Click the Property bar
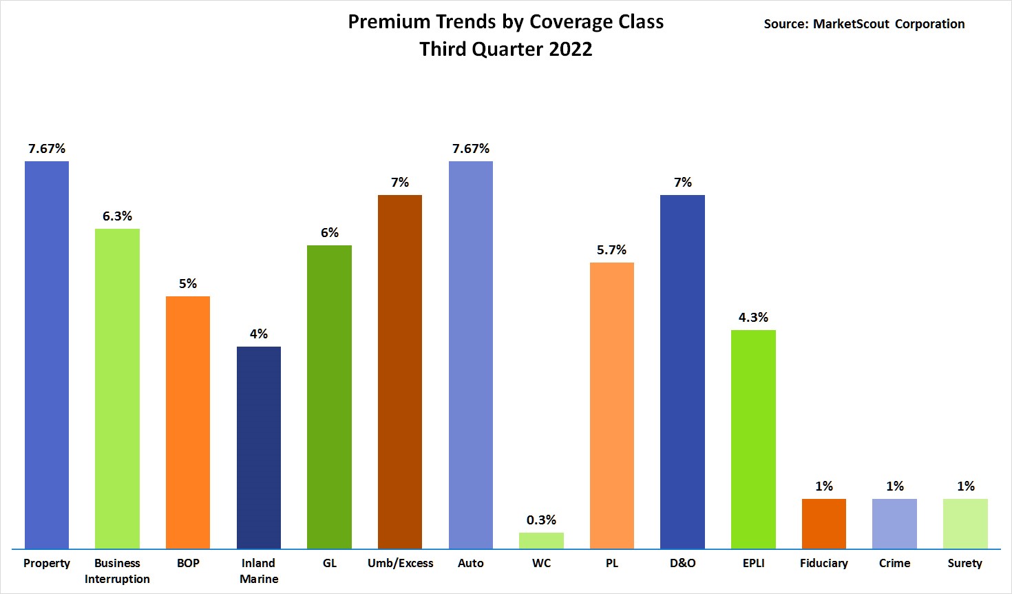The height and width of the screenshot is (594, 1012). click(47, 355)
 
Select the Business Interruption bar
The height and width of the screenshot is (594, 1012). click(117, 389)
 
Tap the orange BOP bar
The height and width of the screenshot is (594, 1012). click(188, 422)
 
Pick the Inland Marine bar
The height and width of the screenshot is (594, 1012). click(259, 448)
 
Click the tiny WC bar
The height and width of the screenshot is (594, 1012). click(541, 541)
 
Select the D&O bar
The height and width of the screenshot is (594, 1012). click(682, 372)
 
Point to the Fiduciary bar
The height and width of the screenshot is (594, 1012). click(824, 524)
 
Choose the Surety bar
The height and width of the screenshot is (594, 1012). click(965, 524)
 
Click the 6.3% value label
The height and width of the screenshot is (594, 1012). click(117, 216)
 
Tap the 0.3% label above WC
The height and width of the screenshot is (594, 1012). click(541, 520)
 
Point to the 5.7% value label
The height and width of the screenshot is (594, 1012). click(611, 250)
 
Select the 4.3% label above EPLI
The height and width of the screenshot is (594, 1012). click(753, 318)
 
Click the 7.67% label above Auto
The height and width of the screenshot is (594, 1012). click(471, 149)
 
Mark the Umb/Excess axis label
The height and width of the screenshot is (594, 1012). click(400, 563)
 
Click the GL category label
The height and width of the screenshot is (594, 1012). click(330, 563)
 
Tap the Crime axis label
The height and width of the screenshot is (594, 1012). click(894, 563)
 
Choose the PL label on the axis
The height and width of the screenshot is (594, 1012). click(611, 563)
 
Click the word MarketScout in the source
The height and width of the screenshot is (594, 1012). click(851, 24)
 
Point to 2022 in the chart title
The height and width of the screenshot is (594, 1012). click(571, 49)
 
